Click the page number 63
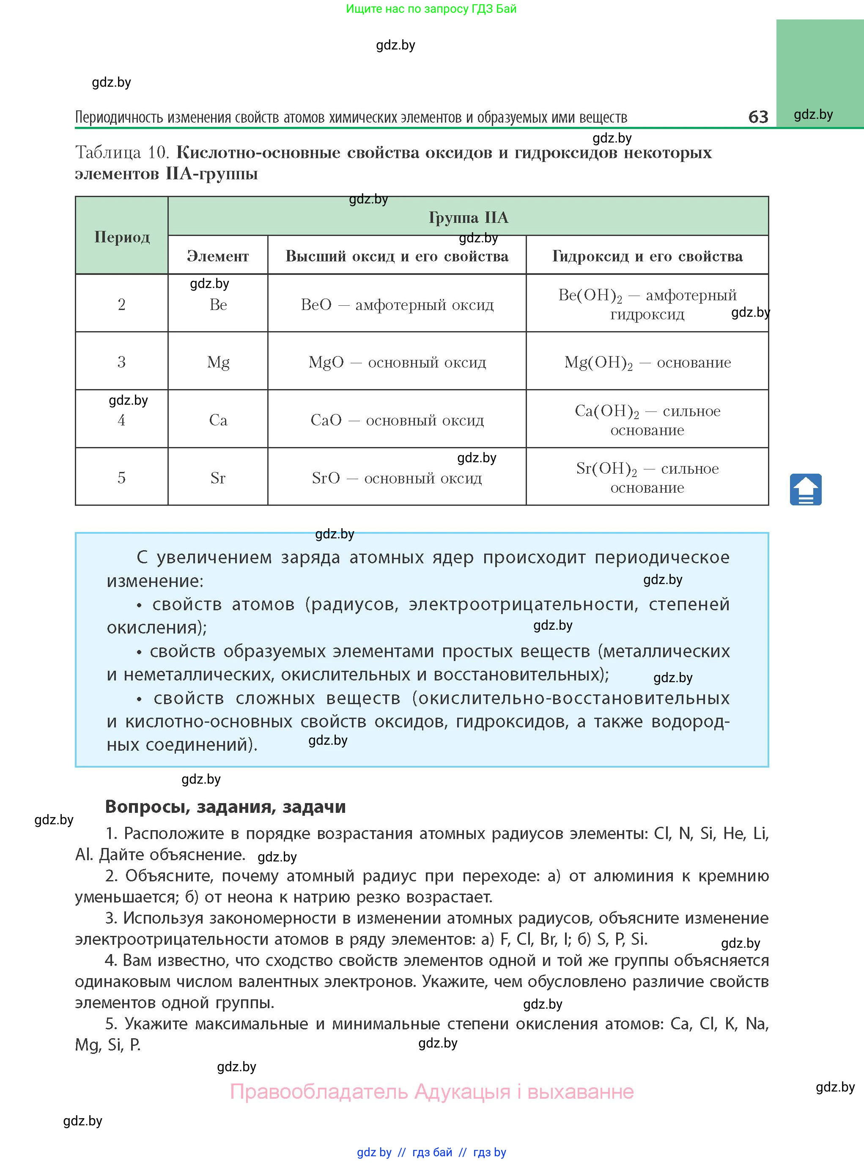[x=758, y=116]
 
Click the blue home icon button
[x=805, y=489]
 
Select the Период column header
[x=122, y=236]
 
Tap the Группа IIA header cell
[x=468, y=217]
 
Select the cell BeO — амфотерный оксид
[x=397, y=304]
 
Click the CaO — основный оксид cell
[x=397, y=420]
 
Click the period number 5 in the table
[x=121, y=477]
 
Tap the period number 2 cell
[x=121, y=304]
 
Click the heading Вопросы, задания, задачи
[x=225, y=806]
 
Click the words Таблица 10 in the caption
[x=122, y=152]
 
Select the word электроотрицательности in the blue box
[x=523, y=604]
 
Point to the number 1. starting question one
[x=111, y=834]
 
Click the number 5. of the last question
[x=111, y=1023]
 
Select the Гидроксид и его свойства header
[x=647, y=256]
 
